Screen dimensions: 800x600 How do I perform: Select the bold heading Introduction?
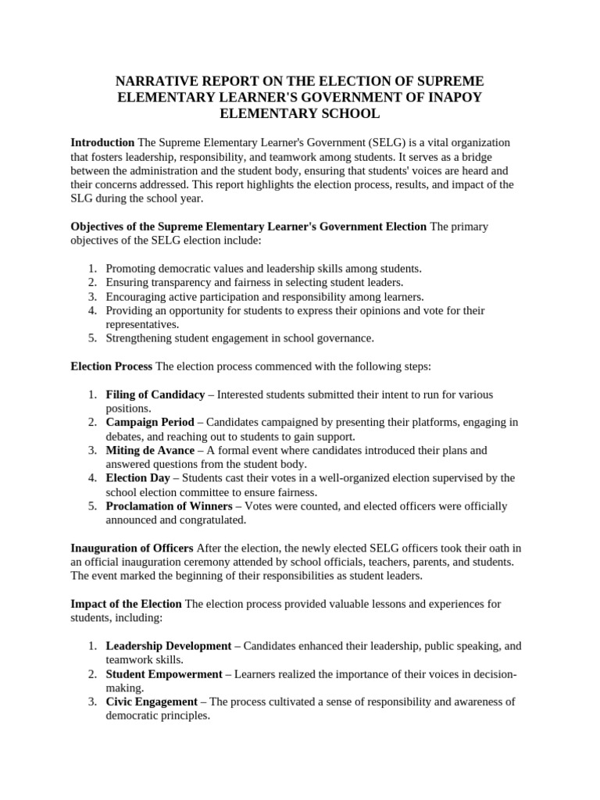point(102,143)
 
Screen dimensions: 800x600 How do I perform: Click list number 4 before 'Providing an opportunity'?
point(91,310)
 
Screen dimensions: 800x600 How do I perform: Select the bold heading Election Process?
point(112,366)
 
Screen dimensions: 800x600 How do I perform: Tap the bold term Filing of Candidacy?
point(155,395)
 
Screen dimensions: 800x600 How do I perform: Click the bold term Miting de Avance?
point(150,450)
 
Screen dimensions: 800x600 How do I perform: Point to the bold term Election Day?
point(138,478)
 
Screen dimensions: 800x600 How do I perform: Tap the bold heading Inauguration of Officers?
point(132,548)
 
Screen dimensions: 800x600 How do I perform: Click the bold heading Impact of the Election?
point(126,604)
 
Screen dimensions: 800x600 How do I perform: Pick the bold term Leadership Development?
point(169,646)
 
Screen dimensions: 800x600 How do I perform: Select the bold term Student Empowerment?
point(164,673)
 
